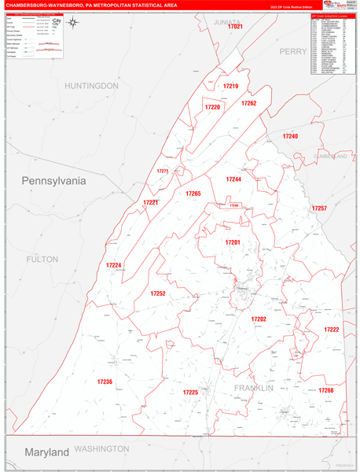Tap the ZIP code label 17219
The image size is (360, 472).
click(230, 87)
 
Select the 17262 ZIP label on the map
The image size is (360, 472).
click(248, 103)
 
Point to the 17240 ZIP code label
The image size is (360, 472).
click(290, 136)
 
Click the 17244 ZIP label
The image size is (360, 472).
click(233, 179)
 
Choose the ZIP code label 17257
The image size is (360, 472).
click(318, 208)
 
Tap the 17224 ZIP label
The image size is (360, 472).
click(113, 265)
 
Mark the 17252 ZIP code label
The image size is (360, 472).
click(157, 293)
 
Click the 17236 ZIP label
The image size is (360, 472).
click(105, 382)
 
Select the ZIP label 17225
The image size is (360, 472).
click(190, 392)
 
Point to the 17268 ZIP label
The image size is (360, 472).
click(325, 390)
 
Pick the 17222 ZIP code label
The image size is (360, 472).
click(331, 330)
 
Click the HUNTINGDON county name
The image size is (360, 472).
click(91, 85)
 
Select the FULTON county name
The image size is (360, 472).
click(42, 259)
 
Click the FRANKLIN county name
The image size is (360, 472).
click(253, 389)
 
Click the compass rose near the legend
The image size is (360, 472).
click(73, 21)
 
